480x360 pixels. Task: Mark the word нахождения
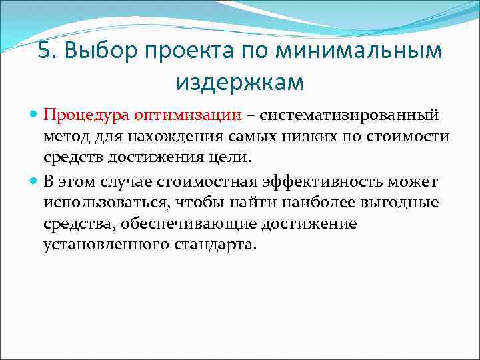[176, 137]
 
